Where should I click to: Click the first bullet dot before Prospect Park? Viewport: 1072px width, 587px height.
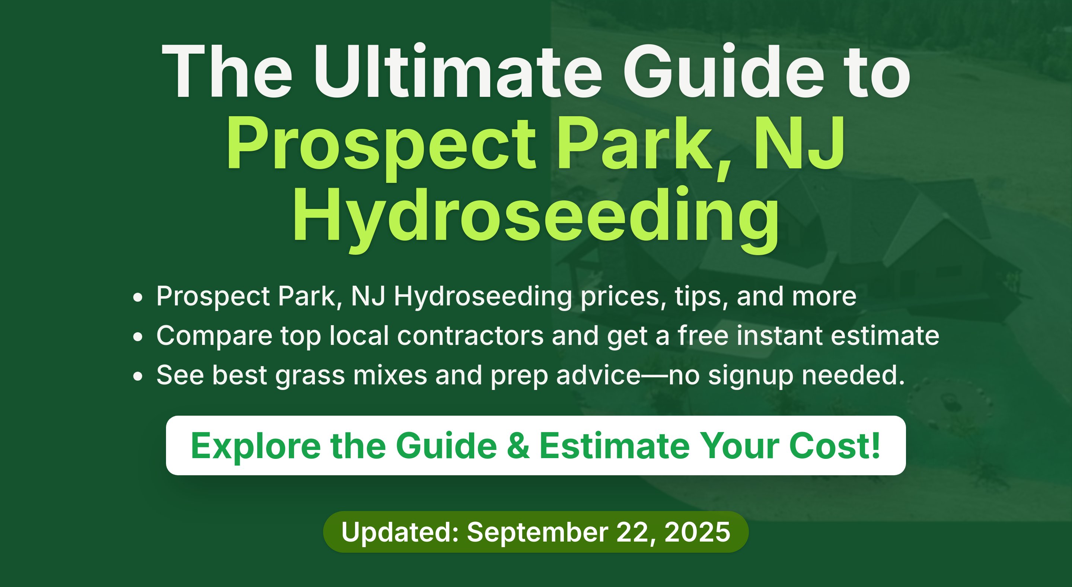pyautogui.click(x=138, y=298)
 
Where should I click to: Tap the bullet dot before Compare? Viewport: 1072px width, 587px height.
pyautogui.click(x=138, y=337)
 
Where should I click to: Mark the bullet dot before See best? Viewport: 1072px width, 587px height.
pyautogui.click(x=138, y=376)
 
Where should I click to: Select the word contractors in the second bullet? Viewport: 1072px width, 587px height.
pyautogui.click(x=470, y=336)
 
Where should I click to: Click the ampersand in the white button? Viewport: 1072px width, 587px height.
pyautogui.click(x=519, y=446)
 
